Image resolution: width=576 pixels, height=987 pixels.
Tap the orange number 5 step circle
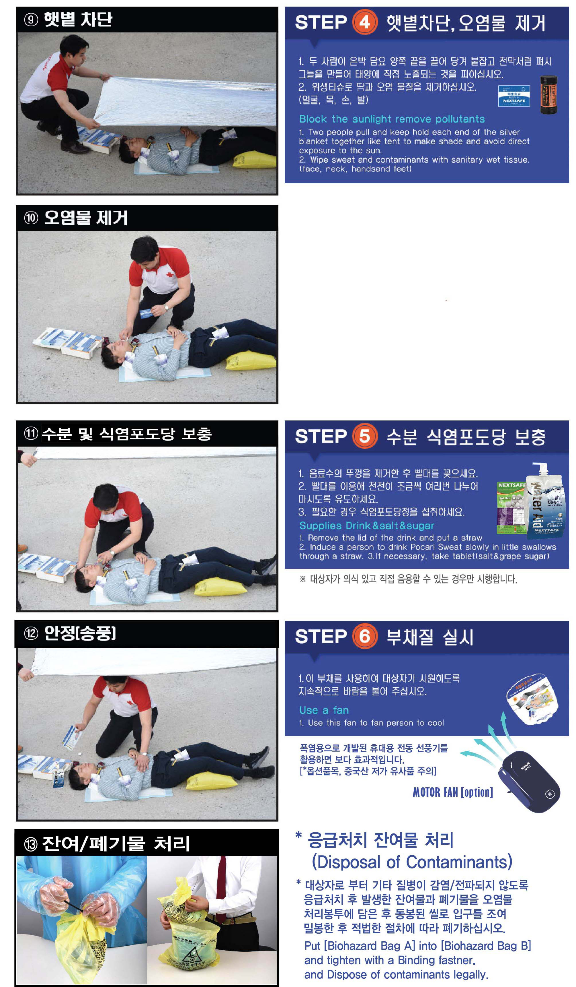[x=364, y=436]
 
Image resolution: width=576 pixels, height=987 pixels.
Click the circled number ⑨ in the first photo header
[x=31, y=20]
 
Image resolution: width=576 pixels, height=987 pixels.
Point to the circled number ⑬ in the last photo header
[x=31, y=844]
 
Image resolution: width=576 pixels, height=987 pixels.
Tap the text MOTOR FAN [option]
[x=453, y=792]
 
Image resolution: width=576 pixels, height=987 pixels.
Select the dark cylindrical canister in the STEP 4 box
[x=548, y=94]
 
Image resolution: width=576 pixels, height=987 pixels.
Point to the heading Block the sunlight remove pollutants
[x=392, y=119]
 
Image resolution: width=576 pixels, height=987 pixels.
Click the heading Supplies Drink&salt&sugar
[x=367, y=526]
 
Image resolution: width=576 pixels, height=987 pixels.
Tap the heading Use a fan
[x=324, y=710]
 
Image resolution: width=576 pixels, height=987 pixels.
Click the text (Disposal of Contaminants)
[x=412, y=862]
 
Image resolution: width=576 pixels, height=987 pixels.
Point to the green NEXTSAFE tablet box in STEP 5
[x=511, y=508]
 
